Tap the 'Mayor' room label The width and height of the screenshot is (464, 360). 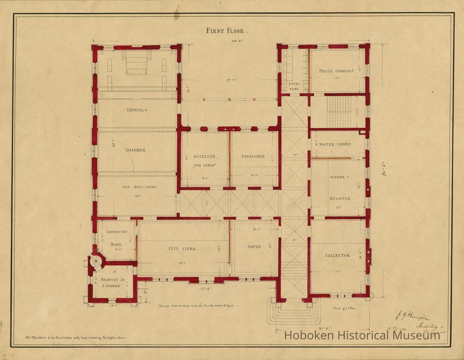[x=254, y=246]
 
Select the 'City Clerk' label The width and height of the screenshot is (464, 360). [x=182, y=248]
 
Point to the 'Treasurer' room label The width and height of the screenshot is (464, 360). [x=253, y=156]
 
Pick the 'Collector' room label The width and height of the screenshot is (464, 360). [x=338, y=255]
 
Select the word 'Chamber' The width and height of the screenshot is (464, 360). [x=135, y=150]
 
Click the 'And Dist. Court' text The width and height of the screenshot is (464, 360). [x=139, y=187]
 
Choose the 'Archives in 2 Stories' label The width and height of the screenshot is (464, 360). [x=112, y=282]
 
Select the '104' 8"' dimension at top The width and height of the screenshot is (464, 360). [x=237, y=40]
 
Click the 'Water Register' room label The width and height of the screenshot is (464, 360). [x=339, y=188]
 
